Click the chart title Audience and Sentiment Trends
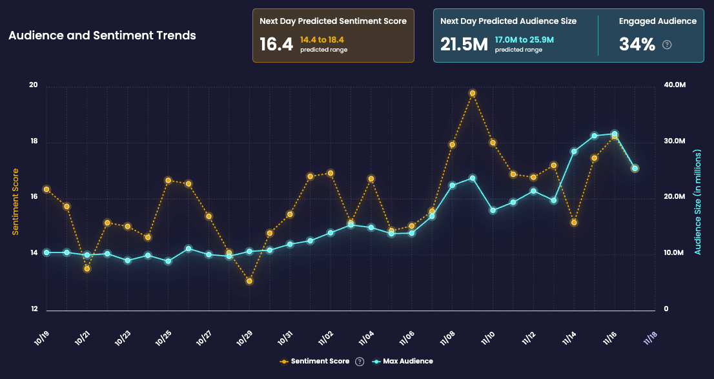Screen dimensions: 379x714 pyautogui.click(x=102, y=36)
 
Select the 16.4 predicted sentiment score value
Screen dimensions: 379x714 pyautogui.click(x=276, y=45)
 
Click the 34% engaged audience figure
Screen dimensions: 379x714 pyautogui.click(x=637, y=45)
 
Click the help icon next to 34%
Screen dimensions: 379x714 pyautogui.click(x=668, y=45)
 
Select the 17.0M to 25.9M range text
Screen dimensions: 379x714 pyautogui.click(x=524, y=40)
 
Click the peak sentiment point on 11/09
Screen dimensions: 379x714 pyautogui.click(x=473, y=94)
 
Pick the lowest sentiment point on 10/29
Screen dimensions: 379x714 pyautogui.click(x=249, y=281)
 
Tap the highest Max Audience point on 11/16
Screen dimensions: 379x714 pyautogui.click(x=615, y=134)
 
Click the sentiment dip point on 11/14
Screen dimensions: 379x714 pyautogui.click(x=574, y=223)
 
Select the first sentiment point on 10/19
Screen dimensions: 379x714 pyautogui.click(x=46, y=190)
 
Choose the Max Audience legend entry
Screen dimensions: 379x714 pyautogui.click(x=404, y=362)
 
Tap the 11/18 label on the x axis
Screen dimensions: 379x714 pyautogui.click(x=650, y=336)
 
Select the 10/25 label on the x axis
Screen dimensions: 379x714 pyautogui.click(x=163, y=336)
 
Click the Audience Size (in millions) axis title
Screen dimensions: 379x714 pyautogui.click(x=698, y=198)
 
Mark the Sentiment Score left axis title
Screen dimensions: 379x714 pyautogui.click(x=16, y=198)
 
